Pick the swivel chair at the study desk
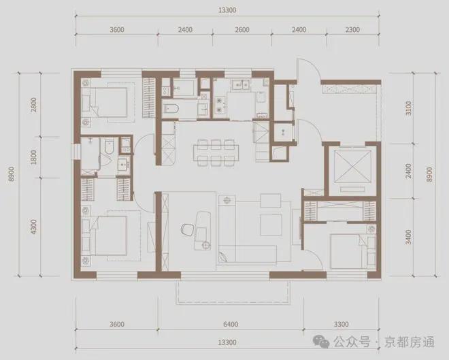click(x=201, y=235)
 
